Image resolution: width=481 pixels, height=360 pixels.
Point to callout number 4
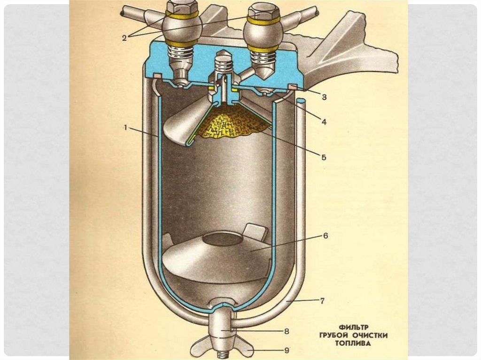coord(324,121)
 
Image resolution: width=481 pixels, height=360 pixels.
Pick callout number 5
coord(324,158)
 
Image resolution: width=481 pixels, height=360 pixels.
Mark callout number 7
coord(322,301)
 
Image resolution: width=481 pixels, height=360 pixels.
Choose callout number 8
coord(286,331)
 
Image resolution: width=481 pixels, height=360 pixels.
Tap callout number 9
coord(286,350)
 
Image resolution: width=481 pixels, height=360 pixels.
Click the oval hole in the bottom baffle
coord(225,239)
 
